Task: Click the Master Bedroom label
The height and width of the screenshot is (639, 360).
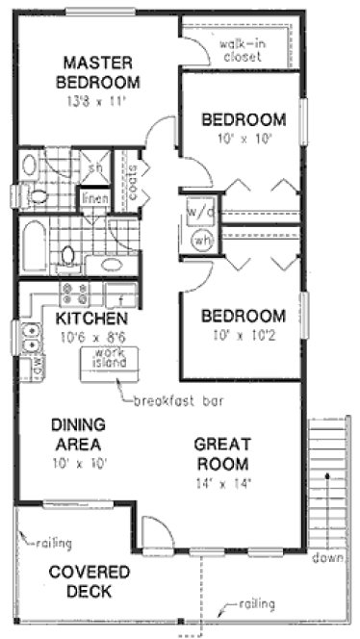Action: [x=98, y=72]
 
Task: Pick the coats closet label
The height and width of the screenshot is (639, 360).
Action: [x=132, y=181]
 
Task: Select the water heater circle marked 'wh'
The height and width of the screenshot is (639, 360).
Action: [x=203, y=241]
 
